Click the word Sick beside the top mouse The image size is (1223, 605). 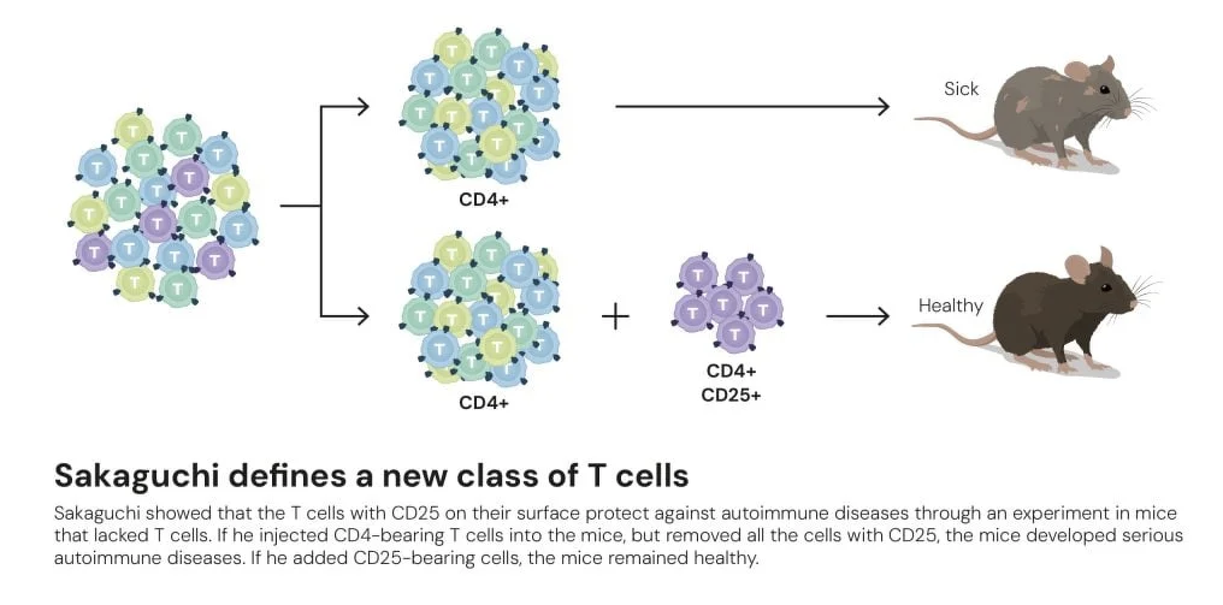pos(961,89)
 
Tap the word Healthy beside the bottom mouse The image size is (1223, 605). pos(950,306)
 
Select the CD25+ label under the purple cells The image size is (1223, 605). pos(731,395)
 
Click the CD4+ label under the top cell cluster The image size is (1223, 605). pos(483,199)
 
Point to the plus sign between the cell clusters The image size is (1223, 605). pos(615,316)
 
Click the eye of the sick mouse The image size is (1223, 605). pos(1104,90)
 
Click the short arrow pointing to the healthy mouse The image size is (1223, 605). pos(857,316)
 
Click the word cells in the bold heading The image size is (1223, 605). pos(653,476)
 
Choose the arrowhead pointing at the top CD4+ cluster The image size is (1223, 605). pos(363,107)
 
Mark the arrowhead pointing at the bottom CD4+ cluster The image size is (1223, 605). pos(363,316)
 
